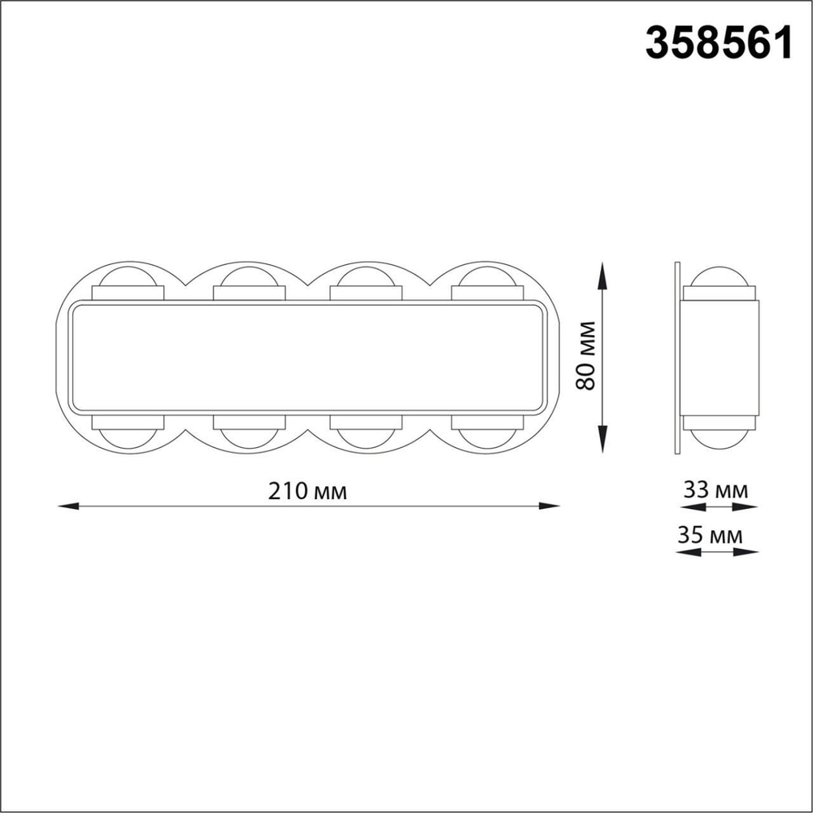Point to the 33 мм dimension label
point(716,490)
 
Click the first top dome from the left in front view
point(128,276)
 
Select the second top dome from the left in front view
point(250,276)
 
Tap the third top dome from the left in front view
point(366,276)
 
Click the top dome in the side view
point(720,276)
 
